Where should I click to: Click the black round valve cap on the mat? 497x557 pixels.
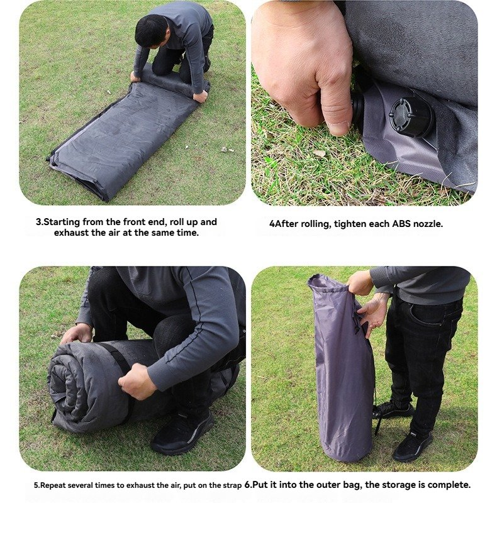pos(411,117)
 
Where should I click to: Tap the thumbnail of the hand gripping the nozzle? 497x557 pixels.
pos(364,103)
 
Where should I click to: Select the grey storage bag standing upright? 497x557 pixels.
pos(341,368)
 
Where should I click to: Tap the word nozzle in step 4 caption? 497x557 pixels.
pos(430,224)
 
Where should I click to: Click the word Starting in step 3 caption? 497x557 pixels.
pos(62,223)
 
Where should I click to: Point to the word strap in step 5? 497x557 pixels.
pos(233,485)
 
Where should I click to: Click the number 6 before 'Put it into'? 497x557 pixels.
pos(247,485)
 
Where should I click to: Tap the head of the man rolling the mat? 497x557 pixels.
pos(152,31)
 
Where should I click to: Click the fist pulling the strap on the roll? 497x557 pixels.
pos(137,381)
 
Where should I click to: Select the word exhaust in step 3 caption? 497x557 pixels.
pos(69,233)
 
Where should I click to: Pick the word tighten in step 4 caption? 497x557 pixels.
pos(350,224)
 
